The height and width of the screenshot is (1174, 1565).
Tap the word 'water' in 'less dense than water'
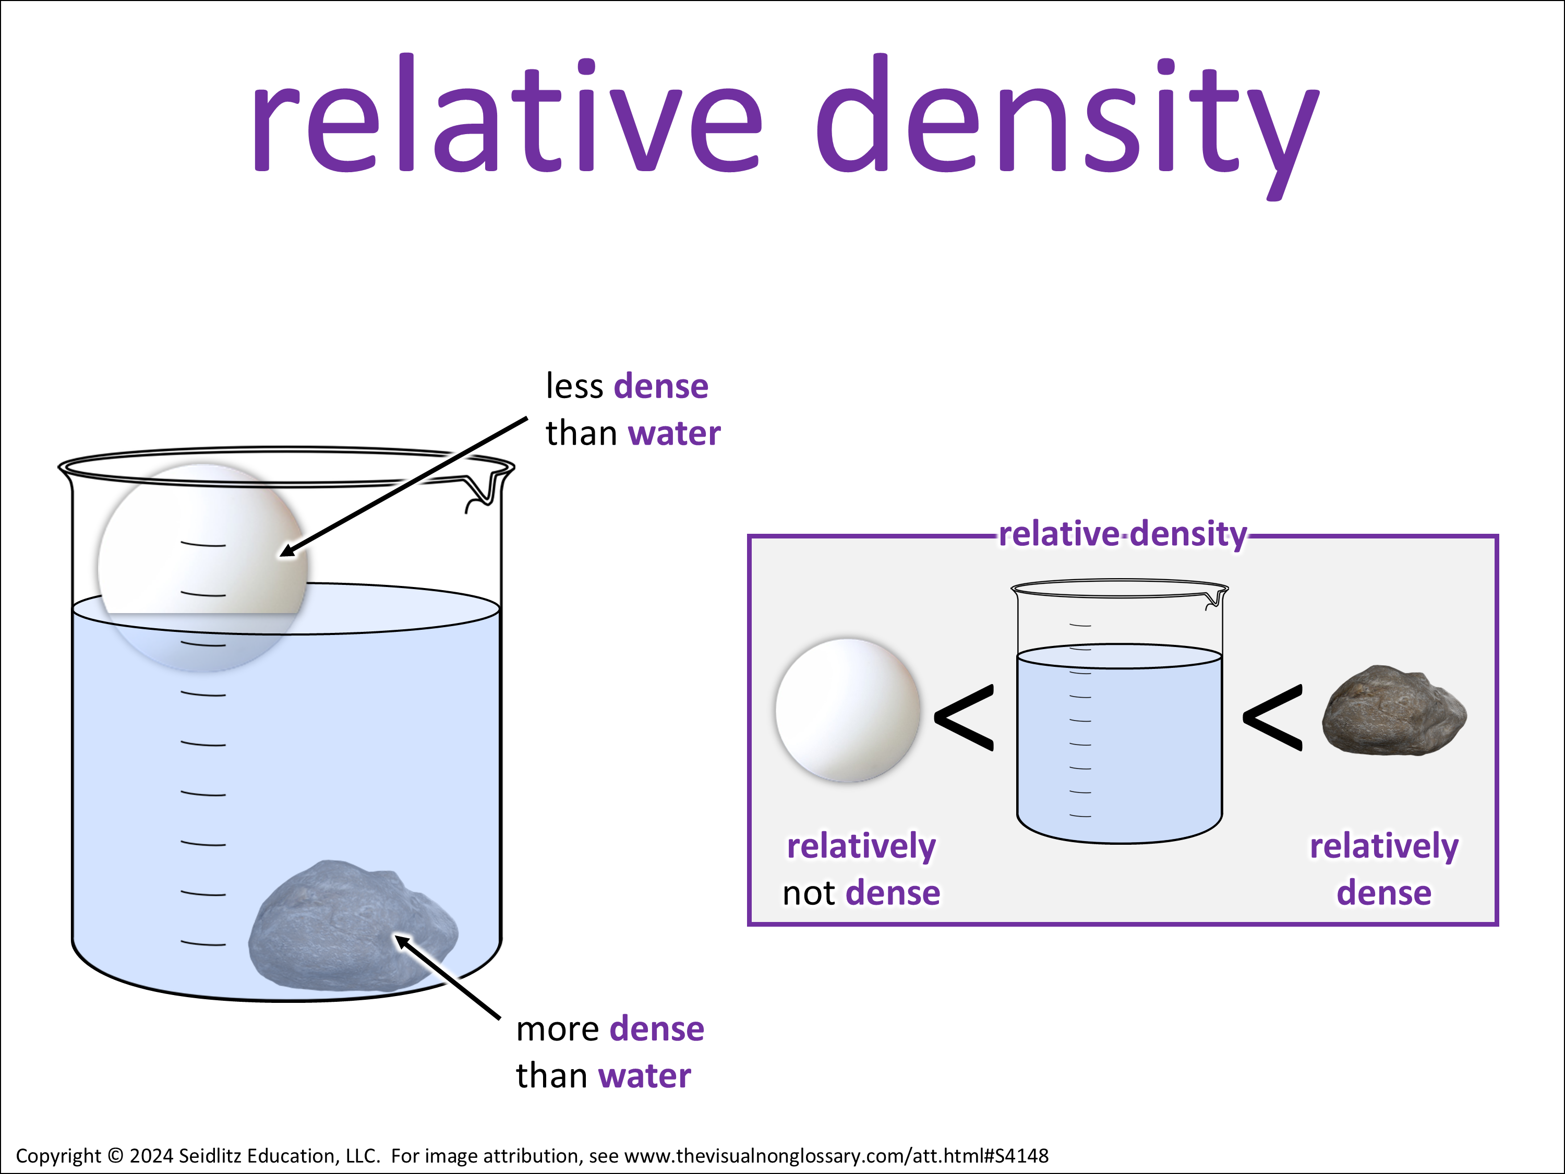coord(673,434)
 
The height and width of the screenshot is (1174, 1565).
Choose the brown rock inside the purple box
coord(1393,711)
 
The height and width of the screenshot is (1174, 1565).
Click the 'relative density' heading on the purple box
coord(1122,534)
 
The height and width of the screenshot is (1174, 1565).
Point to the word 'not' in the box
coord(810,893)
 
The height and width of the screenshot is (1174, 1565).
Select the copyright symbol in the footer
coord(115,1156)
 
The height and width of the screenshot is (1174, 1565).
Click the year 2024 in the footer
coord(151,1156)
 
